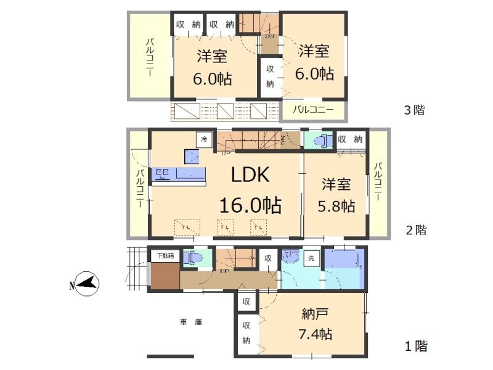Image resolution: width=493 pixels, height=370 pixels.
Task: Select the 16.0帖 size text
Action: click(251, 205)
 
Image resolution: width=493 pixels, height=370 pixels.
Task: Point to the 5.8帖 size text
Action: click(336, 205)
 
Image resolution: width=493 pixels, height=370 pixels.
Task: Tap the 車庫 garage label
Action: click(191, 322)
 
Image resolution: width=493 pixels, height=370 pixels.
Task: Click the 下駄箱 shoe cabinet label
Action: click(165, 255)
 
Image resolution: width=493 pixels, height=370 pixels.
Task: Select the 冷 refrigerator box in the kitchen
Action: click(203, 140)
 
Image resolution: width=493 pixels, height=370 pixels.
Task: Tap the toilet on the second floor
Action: click(319, 141)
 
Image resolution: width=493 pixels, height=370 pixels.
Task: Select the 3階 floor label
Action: click(415, 111)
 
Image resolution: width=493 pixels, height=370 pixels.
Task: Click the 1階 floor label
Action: click(416, 346)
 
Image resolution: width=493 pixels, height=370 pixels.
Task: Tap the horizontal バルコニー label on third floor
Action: click(312, 111)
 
